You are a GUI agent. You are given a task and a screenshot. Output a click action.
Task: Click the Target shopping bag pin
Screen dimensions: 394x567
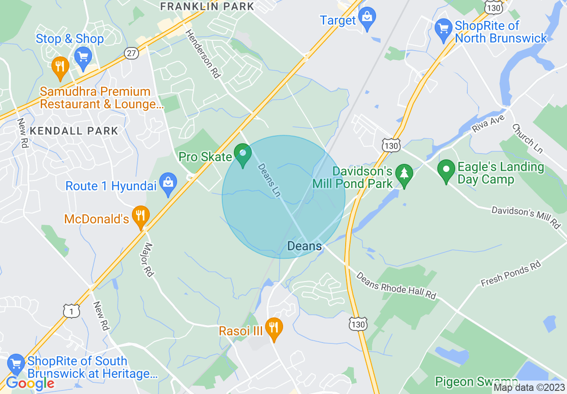(367, 19)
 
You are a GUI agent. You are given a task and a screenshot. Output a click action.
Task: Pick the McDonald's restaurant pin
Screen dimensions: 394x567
(141, 217)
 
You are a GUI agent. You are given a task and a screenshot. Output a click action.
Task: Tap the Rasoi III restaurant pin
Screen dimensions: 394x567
(273, 329)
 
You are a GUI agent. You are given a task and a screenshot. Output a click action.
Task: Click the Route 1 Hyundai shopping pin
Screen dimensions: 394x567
(168, 184)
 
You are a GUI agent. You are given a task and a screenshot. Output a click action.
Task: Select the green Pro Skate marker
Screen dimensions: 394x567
(243, 154)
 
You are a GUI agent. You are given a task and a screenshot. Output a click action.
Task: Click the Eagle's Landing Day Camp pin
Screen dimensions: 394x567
(446, 171)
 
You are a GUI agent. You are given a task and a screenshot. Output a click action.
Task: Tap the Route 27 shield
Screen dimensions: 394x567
(131, 53)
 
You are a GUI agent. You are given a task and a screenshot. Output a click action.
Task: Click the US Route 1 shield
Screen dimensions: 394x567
(72, 311)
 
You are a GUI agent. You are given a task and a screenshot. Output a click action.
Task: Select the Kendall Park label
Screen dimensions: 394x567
(74, 131)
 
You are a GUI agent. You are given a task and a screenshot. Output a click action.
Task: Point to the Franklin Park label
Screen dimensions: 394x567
(207, 6)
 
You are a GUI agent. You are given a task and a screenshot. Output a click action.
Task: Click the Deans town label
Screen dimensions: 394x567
(304, 246)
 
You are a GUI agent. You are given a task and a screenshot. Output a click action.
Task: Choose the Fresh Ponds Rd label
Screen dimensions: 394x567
(511, 274)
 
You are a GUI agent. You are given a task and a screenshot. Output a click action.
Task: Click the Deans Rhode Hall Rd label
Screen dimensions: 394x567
(396, 285)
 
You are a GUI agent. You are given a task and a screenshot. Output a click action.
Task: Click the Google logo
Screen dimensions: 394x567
(30, 383)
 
